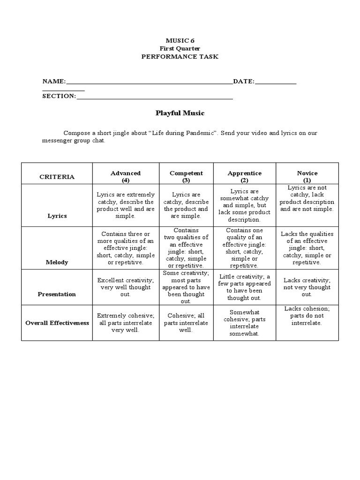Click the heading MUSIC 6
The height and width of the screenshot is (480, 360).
tap(180, 41)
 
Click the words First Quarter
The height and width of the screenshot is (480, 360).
tap(180, 49)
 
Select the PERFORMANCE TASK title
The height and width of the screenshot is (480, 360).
tap(180, 57)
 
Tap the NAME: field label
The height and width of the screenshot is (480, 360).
tap(54, 82)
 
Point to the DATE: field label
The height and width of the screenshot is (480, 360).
tap(244, 82)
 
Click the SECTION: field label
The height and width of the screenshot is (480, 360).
tap(59, 96)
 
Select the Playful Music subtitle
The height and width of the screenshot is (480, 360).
tap(180, 113)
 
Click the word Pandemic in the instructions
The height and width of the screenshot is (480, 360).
tap(201, 133)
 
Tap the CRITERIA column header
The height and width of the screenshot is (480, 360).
tap(57, 177)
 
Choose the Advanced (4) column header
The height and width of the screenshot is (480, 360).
tap(126, 176)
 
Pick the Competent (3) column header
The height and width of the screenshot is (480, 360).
tap(186, 176)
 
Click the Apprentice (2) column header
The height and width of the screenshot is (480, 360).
tap(244, 176)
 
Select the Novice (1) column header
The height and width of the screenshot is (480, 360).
tap(307, 176)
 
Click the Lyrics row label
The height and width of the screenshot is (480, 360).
tap(57, 216)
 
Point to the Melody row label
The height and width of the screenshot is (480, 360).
tap(57, 262)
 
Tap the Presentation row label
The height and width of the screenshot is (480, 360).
tap(57, 294)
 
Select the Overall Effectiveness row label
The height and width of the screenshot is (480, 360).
tap(57, 323)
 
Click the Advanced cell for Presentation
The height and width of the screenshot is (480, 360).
tap(126, 287)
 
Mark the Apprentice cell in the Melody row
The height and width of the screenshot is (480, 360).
tap(244, 248)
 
